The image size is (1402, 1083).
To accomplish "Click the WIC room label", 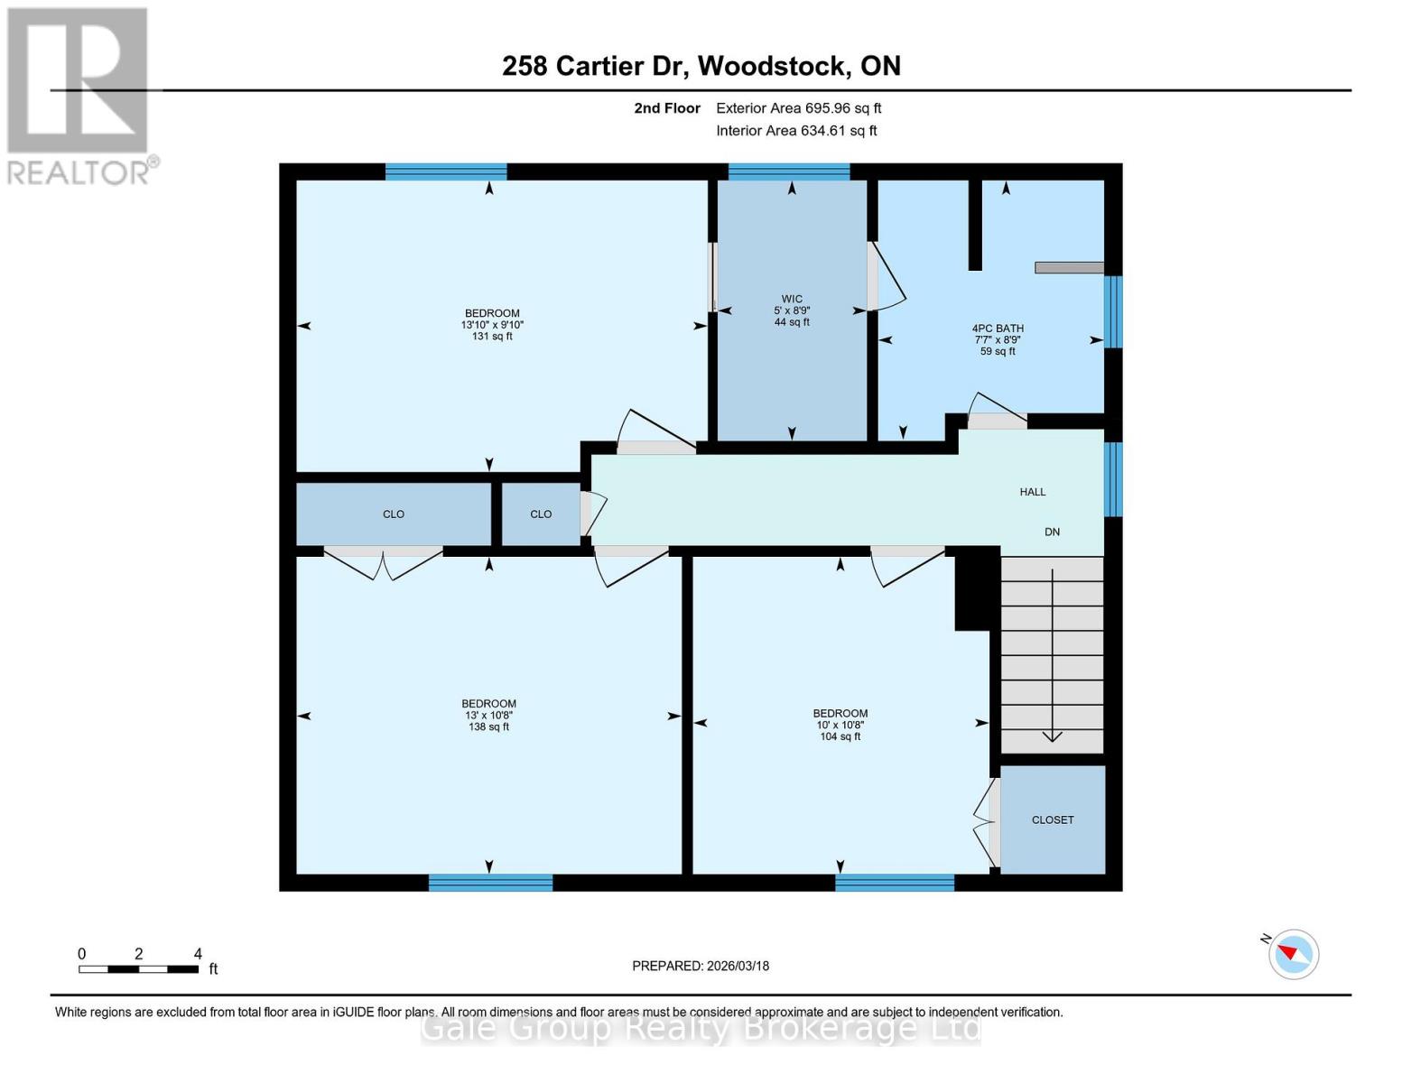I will point(792,299).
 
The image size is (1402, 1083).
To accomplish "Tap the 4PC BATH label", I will point(998,329).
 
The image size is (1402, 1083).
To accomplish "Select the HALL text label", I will point(1032,492).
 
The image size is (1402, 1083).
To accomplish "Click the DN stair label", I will point(1052,532).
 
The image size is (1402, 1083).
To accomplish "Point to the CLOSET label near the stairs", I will point(1053,819).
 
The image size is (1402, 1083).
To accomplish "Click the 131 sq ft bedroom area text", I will point(492,337).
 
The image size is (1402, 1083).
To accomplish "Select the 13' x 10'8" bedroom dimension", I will point(488,716).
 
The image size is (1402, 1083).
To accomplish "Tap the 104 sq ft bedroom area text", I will point(840,736).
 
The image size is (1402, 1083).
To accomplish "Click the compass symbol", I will point(1293,954).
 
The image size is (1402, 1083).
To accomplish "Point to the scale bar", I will point(138,969).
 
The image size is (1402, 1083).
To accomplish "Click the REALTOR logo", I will point(79,95).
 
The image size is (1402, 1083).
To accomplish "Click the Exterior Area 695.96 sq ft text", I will point(798,108).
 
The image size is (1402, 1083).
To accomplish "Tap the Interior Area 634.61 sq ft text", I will point(796,131).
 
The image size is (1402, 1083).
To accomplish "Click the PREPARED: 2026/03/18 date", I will point(701,966).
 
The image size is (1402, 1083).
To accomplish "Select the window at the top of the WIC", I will point(788,171).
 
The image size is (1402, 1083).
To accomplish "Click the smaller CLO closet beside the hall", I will point(541,514).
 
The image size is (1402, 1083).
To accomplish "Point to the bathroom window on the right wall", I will point(1113,311).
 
